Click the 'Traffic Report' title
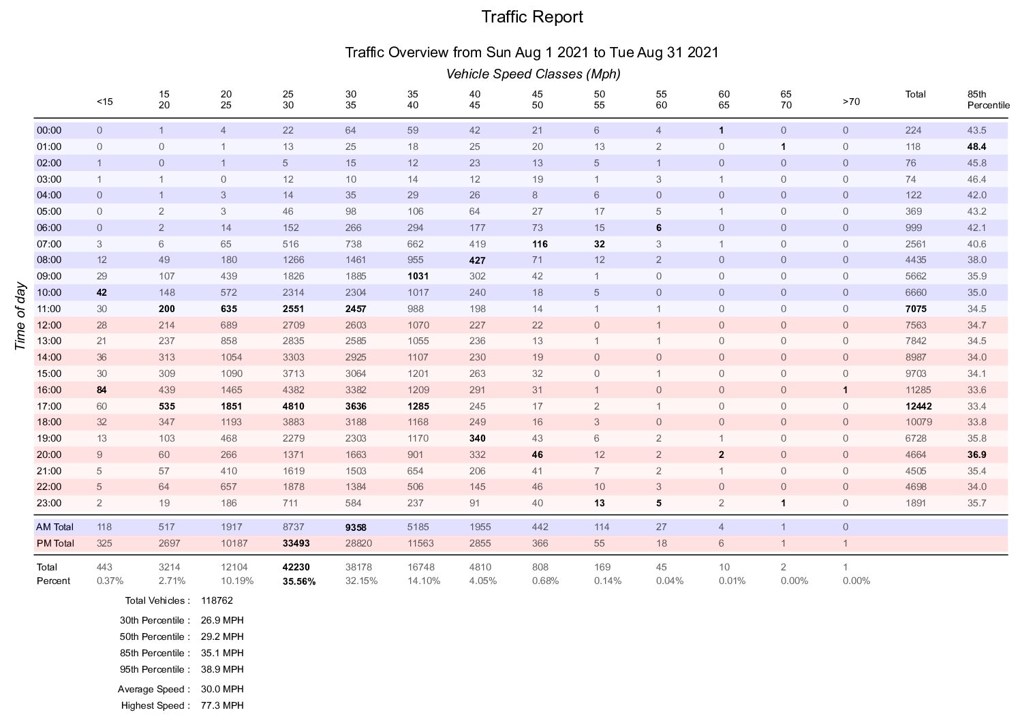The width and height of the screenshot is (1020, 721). tap(532, 17)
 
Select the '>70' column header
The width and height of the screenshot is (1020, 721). tap(851, 102)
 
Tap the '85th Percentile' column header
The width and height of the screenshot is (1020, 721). tap(988, 99)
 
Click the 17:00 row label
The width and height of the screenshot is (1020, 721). tap(49, 406)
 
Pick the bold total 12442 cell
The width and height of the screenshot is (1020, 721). tap(918, 406)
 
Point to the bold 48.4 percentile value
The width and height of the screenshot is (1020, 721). tap(977, 147)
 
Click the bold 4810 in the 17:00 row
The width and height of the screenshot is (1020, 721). tap(293, 406)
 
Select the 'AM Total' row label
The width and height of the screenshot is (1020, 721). tap(55, 527)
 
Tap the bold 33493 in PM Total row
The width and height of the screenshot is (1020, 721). tap(296, 543)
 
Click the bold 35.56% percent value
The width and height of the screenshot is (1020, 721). tap(298, 581)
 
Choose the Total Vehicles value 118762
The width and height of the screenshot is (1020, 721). tap(217, 601)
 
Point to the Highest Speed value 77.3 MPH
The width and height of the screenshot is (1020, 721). tap(222, 705)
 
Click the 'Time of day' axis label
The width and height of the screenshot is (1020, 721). tap(20, 317)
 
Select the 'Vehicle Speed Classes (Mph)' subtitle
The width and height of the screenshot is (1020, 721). tap(533, 74)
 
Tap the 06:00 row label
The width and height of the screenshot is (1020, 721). tap(49, 228)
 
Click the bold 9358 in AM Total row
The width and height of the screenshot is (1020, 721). tap(356, 527)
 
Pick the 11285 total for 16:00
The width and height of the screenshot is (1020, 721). tap(918, 390)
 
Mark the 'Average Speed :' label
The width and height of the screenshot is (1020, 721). tap(154, 689)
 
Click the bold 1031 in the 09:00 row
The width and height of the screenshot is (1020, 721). tap(418, 276)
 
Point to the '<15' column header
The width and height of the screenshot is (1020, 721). tap(105, 102)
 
